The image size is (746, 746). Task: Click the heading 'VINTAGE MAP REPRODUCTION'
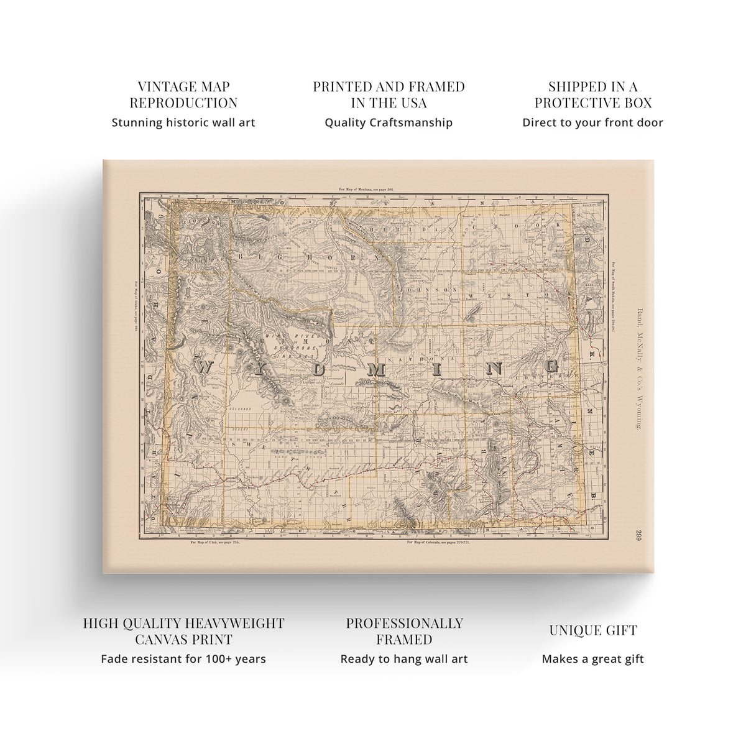(183, 94)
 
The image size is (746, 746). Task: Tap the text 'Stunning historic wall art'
(183, 122)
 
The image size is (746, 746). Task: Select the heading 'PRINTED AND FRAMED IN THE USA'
(389, 94)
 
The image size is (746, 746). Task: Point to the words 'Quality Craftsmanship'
(389, 122)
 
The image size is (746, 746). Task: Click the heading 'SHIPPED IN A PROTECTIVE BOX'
(592, 94)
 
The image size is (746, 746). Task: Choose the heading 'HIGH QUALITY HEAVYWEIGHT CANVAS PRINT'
(183, 631)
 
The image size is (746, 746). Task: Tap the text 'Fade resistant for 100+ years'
(183, 659)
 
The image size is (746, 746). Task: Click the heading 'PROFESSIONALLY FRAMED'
(404, 631)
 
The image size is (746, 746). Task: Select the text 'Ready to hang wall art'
(404, 659)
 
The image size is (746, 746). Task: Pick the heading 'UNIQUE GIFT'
(592, 630)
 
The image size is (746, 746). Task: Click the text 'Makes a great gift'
(592, 659)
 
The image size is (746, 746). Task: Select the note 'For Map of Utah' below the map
(215, 543)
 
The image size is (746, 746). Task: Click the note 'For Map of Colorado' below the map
(439, 543)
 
